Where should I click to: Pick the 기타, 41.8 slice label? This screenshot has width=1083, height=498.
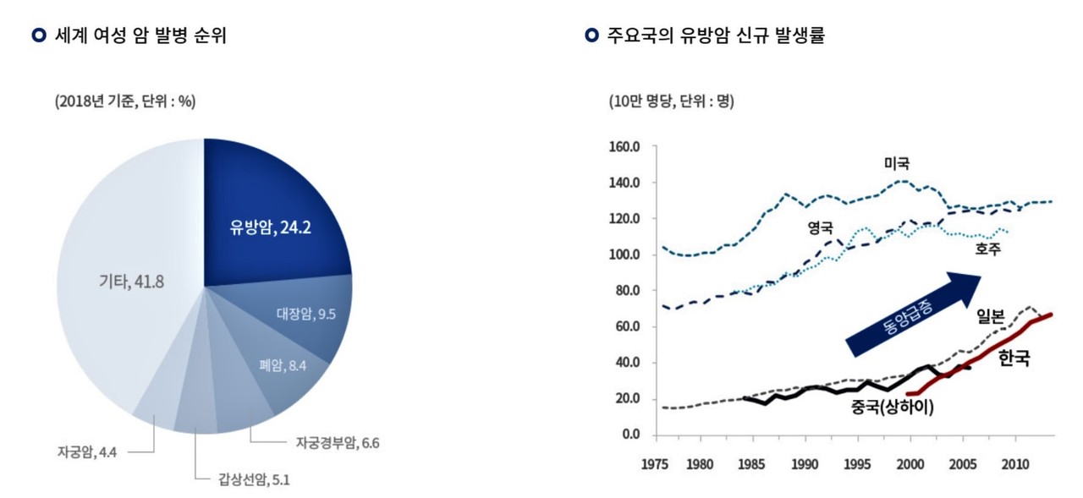(x=131, y=281)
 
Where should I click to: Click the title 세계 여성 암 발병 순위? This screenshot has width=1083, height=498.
(x=140, y=36)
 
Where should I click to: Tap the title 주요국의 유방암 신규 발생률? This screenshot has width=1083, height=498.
(x=715, y=36)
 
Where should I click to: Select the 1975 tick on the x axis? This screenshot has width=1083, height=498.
(x=656, y=464)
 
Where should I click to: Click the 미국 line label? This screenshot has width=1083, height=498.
(x=897, y=162)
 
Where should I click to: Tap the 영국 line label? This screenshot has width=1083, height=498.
(x=820, y=227)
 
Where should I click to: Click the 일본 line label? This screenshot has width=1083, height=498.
(x=991, y=316)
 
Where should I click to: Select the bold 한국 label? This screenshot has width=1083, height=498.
(x=1014, y=358)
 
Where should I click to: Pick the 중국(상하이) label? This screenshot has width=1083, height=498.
(x=893, y=408)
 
